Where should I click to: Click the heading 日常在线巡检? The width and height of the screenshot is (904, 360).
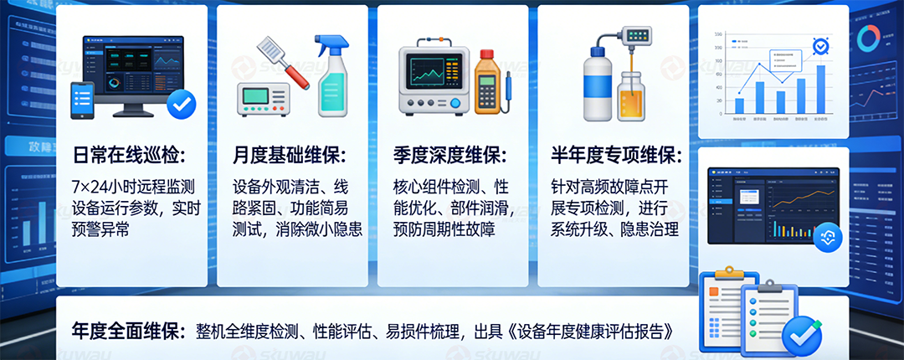click(128, 155)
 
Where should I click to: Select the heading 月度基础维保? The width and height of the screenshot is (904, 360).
click(289, 155)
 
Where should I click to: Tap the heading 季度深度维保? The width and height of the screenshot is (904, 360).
click(449, 155)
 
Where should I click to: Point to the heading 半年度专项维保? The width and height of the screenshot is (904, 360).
click(616, 155)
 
